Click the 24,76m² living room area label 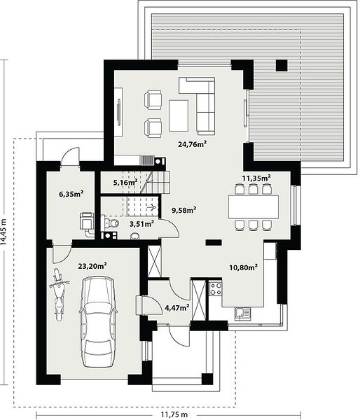[x=192, y=144]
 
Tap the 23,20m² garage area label [x=92, y=266]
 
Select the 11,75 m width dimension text [x=174, y=414]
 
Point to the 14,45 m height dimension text [x=4, y=232]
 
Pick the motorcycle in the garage [x=59, y=295]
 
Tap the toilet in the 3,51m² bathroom [x=111, y=223]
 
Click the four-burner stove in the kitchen [x=216, y=288]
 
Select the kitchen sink [x=242, y=314]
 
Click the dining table [x=253, y=206]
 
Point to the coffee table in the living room [x=179, y=115]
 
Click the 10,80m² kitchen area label [x=244, y=267]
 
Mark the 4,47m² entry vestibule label [x=177, y=307]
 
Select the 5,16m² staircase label [x=125, y=183]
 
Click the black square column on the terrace [x=282, y=65]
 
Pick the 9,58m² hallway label [x=184, y=210]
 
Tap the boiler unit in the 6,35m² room [x=87, y=220]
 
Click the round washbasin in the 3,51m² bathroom [x=135, y=236]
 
